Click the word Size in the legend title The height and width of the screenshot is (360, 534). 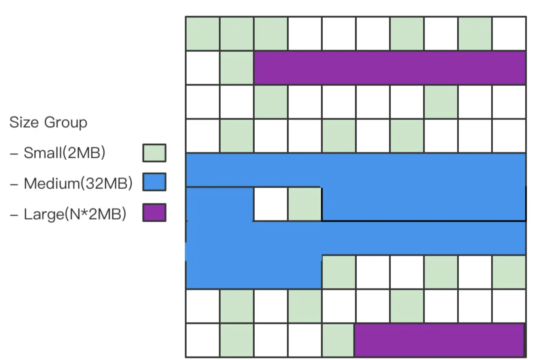tap(24, 122)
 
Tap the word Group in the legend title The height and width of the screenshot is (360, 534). tap(66, 123)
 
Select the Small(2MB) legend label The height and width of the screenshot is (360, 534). tap(65, 153)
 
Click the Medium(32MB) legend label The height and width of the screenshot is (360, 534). tap(78, 183)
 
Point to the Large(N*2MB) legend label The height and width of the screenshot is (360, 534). tap(75, 214)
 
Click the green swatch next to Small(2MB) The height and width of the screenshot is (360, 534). tap(154, 153)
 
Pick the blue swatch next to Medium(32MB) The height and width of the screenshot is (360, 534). tap(154, 182)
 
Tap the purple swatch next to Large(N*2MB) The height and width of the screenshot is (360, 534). tap(154, 212)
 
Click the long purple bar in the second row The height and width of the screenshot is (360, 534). tap(389, 68)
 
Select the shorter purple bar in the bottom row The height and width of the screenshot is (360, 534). tap(439, 340)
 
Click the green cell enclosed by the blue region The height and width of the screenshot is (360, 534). tap(305, 204)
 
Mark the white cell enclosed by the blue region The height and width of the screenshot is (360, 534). tap(271, 204)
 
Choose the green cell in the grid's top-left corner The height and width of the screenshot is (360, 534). tap(203, 34)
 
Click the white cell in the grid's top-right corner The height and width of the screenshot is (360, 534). tap(509, 34)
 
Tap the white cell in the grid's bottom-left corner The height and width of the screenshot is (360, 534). tap(203, 340)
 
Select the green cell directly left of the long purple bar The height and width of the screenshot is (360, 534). tap(237, 68)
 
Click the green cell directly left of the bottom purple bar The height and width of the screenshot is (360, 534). tap(338, 340)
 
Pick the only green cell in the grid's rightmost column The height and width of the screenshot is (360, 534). tap(509, 272)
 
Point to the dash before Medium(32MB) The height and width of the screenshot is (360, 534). tap(14, 184)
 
